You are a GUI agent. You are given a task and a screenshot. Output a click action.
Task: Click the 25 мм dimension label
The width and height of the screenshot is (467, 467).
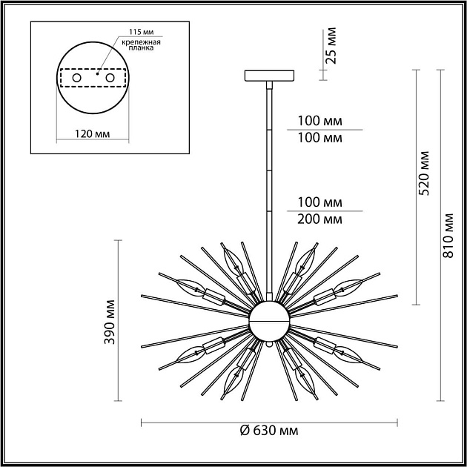pyautogui.click(x=331, y=46)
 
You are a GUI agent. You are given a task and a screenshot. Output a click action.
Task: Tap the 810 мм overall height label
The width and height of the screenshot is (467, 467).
pyautogui.click(x=447, y=236)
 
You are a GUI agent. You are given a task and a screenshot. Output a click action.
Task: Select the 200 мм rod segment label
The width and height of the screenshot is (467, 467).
pyautogui.click(x=319, y=219)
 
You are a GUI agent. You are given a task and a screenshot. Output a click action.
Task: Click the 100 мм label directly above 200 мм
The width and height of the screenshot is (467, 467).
pyautogui.click(x=319, y=202)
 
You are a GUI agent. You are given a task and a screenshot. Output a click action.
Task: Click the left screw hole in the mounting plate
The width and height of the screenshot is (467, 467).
pyautogui.click(x=76, y=78)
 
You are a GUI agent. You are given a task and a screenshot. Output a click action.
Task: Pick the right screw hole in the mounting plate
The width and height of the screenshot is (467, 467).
pyautogui.click(x=110, y=78)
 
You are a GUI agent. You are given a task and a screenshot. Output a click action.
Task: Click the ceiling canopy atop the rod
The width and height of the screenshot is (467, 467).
pyautogui.click(x=269, y=75)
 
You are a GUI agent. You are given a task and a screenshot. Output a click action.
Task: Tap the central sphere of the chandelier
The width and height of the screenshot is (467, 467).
pyautogui.click(x=269, y=321)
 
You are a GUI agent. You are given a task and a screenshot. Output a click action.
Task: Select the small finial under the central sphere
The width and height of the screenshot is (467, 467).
pyautogui.click(x=269, y=345)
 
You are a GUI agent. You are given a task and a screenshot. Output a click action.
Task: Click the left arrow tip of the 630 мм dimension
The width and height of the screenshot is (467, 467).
pyautogui.click(x=142, y=423)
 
